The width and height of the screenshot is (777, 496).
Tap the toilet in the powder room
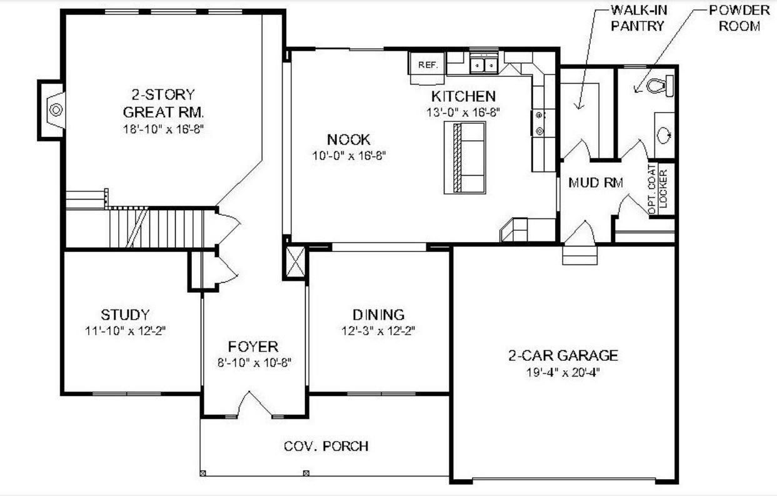[x=659, y=85]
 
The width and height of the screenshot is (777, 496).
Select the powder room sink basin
[x=664, y=134]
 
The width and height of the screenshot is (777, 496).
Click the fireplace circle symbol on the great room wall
[x=56, y=110]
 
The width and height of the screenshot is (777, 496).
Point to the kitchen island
[x=465, y=158]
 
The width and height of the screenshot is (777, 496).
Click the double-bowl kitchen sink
[x=484, y=64]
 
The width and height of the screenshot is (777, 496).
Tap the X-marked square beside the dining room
[x=295, y=262]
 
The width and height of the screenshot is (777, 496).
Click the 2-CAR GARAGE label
[x=563, y=355]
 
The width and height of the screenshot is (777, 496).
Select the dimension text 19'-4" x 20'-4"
[x=563, y=372]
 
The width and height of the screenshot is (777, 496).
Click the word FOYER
[x=253, y=347]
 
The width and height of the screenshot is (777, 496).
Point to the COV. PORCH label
[x=326, y=446]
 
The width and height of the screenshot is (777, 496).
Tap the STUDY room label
[x=125, y=315]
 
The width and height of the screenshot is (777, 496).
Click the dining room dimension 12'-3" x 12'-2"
[x=378, y=330]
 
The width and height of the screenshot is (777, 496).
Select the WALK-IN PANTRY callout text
[x=638, y=18]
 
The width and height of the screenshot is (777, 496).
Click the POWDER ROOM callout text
[x=739, y=18]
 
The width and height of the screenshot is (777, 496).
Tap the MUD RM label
[x=595, y=183]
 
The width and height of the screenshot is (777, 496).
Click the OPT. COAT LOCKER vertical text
[x=658, y=188]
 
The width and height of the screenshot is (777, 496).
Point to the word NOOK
[x=349, y=139]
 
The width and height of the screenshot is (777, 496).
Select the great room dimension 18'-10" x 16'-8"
[x=163, y=129]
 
